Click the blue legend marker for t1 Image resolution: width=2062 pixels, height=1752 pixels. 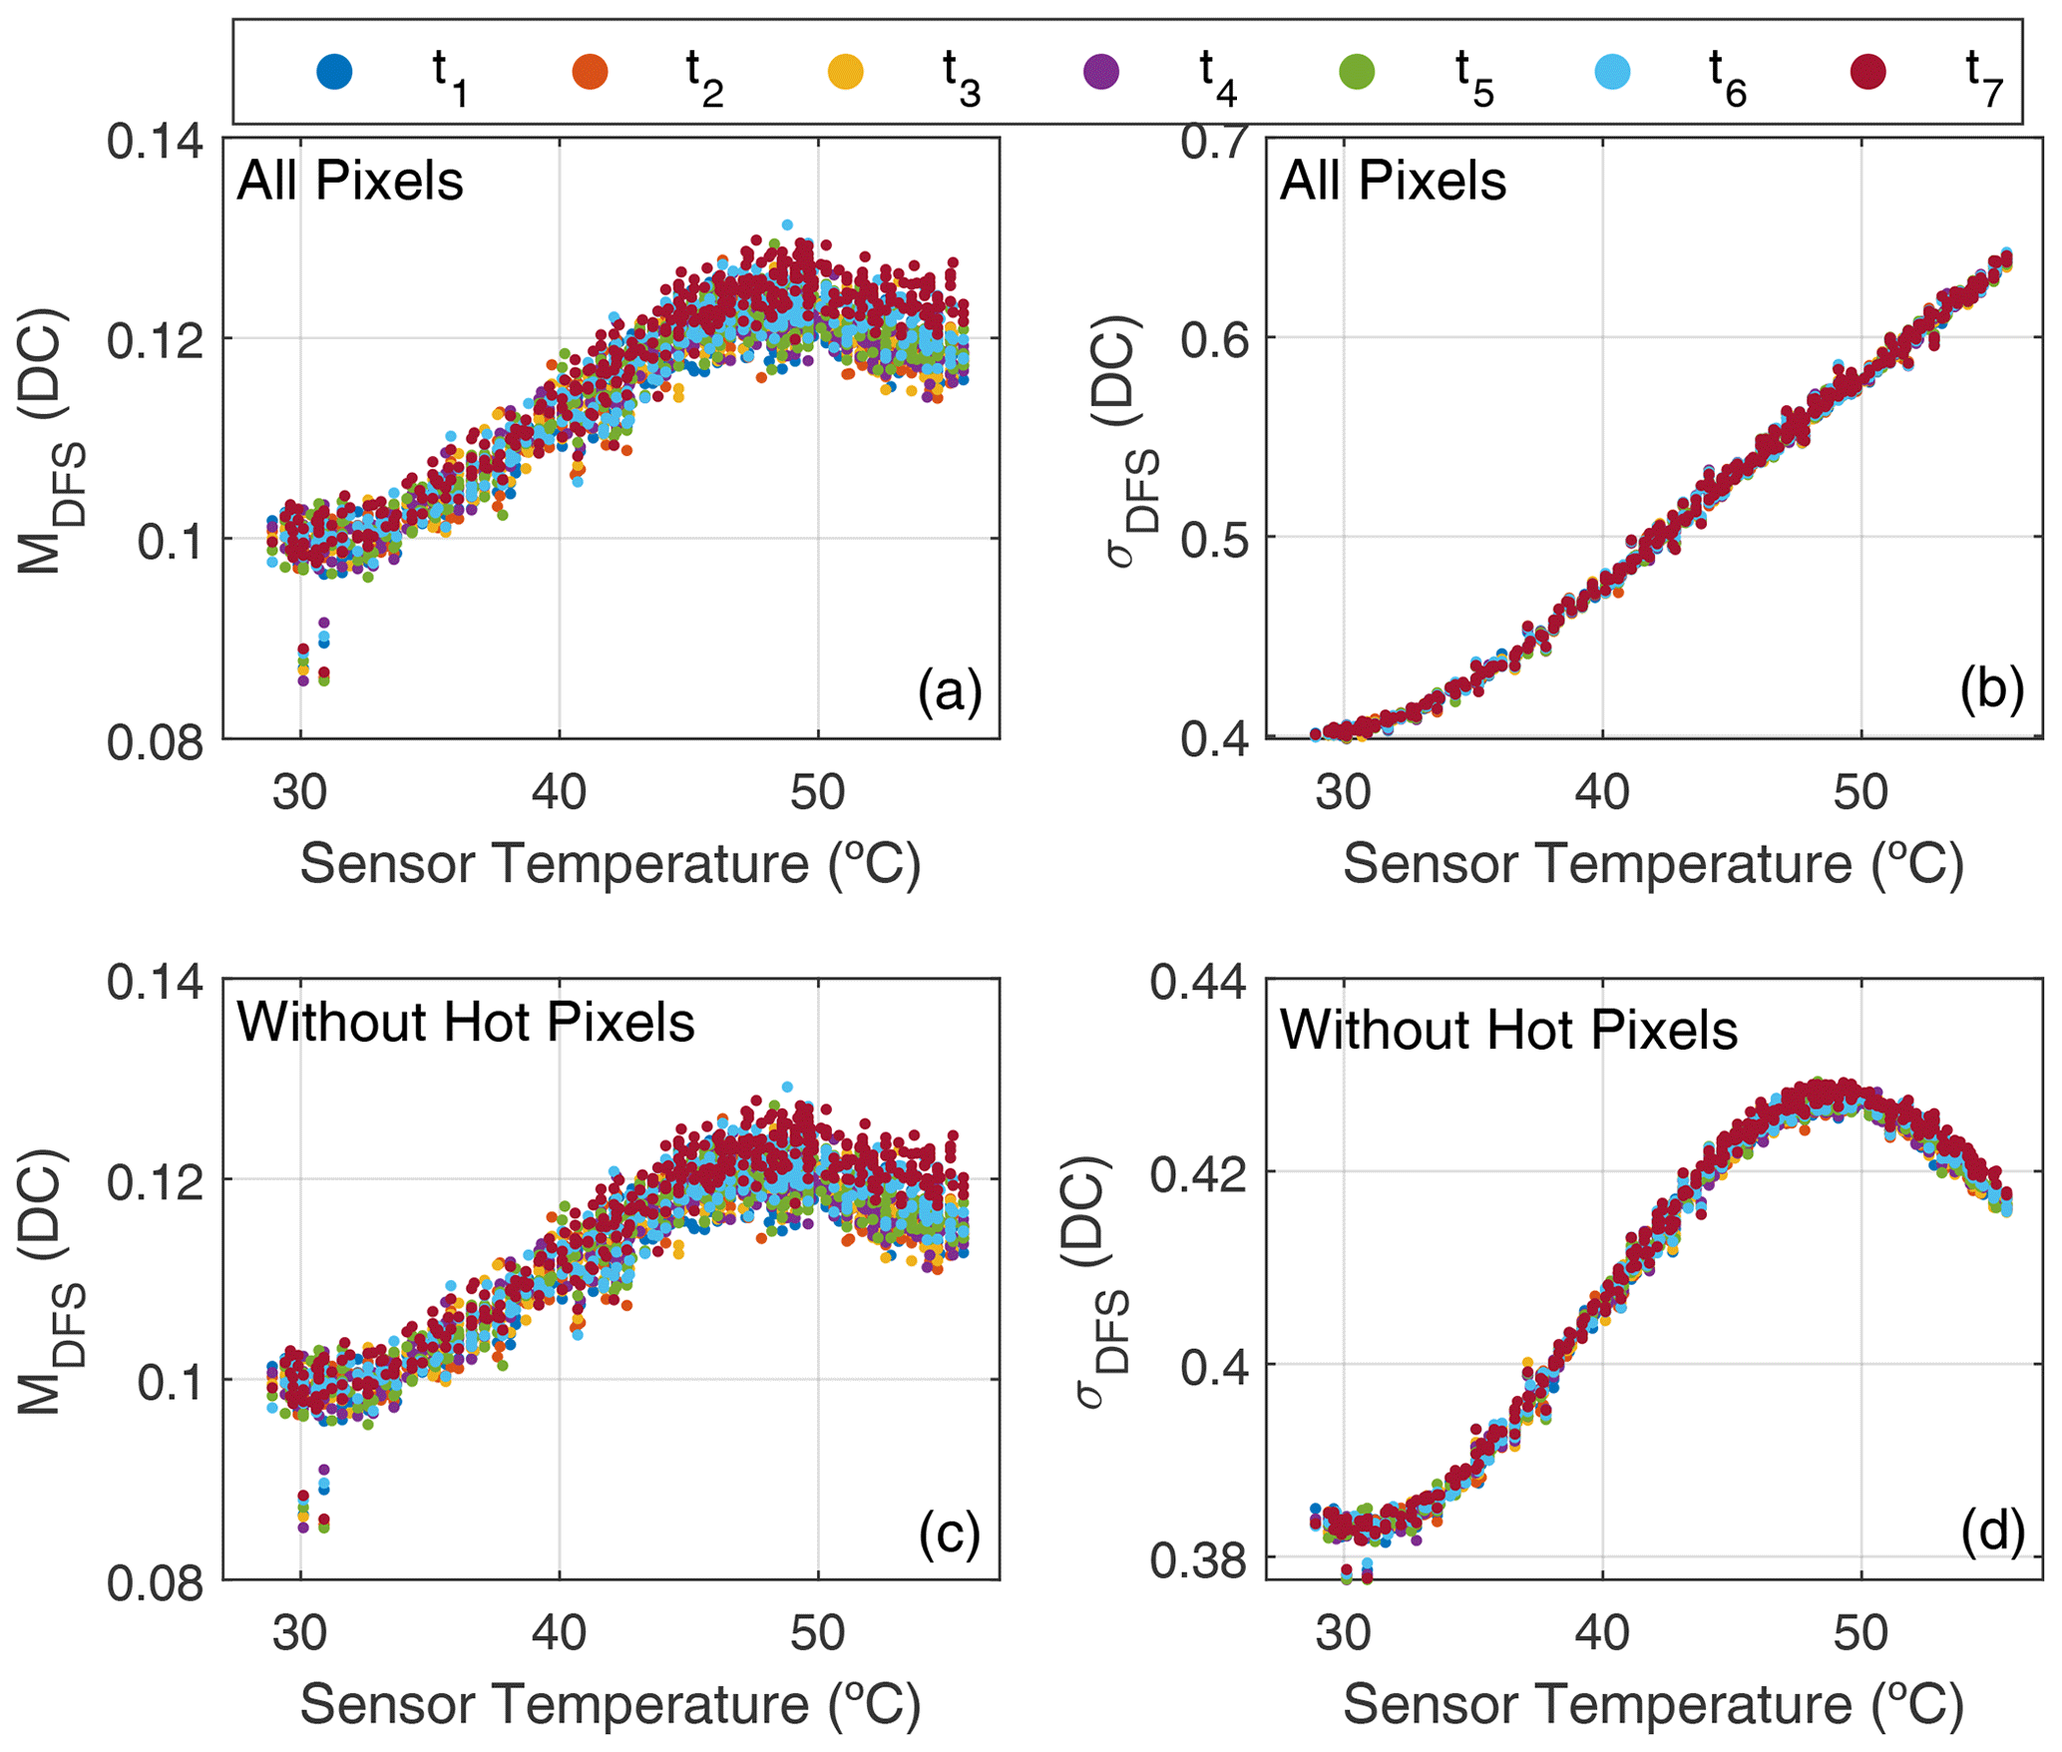click(x=334, y=72)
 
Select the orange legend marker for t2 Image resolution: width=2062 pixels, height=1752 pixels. click(x=590, y=72)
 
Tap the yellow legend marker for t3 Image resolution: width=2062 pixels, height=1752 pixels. click(x=846, y=72)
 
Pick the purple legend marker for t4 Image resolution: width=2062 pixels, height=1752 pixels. click(x=1101, y=72)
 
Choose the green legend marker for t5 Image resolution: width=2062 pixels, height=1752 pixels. click(x=1357, y=72)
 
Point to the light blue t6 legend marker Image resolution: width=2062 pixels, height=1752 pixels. click(x=1612, y=72)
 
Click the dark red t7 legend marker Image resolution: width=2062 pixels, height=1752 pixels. click(x=1867, y=72)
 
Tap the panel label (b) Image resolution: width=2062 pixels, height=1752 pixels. click(x=1991, y=689)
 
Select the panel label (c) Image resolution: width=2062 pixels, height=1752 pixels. click(x=950, y=1533)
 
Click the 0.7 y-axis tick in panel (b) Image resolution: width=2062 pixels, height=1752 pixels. click(x=1216, y=141)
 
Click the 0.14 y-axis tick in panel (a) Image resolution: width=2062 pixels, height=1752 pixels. click(x=156, y=143)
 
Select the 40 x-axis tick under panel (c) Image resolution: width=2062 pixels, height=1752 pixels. click(x=559, y=1633)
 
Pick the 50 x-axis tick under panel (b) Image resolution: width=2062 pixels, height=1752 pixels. click(x=1860, y=792)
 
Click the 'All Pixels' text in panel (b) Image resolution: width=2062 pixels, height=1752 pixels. click(x=1393, y=182)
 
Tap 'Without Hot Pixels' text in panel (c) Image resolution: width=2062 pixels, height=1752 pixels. click(x=466, y=1023)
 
